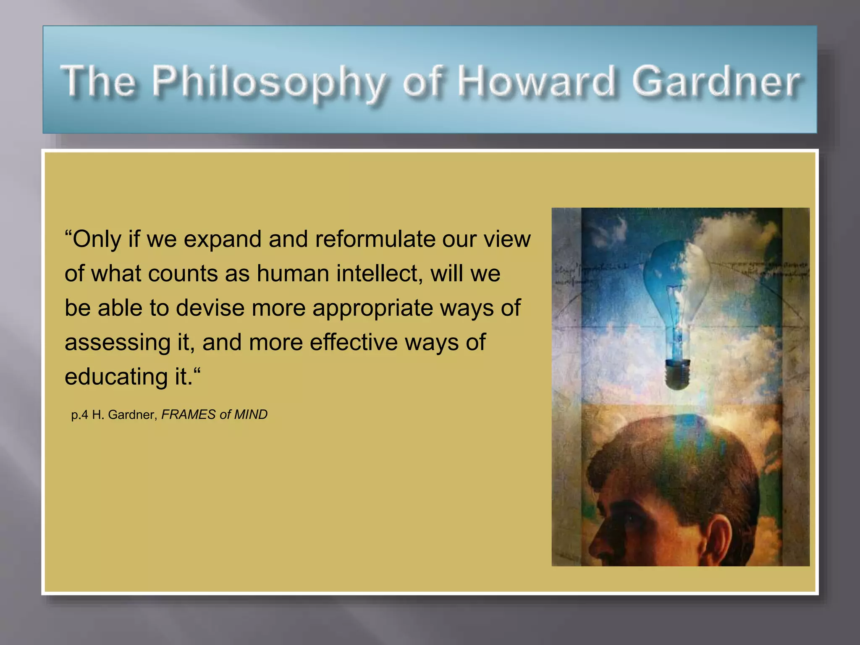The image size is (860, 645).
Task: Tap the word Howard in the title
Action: (536, 81)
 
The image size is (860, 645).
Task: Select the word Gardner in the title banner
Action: (716, 81)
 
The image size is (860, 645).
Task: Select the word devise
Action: (210, 308)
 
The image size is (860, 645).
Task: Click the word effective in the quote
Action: (354, 342)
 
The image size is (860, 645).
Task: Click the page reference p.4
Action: (80, 415)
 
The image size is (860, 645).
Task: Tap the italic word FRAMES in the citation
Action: (188, 414)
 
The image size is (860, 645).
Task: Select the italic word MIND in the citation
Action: (251, 414)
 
